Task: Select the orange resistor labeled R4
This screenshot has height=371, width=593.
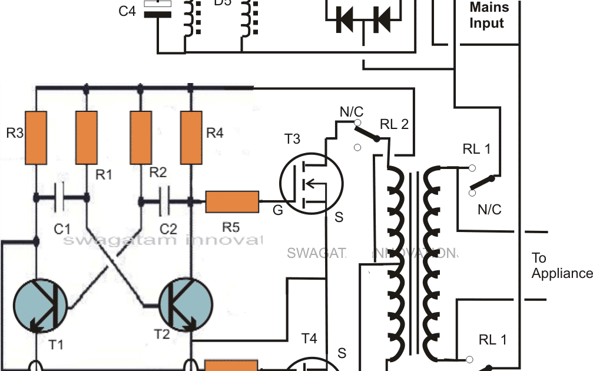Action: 190,138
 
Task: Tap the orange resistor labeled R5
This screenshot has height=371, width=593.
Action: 232,201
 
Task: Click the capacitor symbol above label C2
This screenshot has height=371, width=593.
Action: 165,201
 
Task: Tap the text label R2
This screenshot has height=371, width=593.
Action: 158,173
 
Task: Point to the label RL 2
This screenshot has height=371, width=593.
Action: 394,125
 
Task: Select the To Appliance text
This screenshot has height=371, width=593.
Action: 561,266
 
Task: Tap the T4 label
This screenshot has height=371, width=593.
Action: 309,339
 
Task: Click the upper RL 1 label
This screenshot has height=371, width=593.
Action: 476,149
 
